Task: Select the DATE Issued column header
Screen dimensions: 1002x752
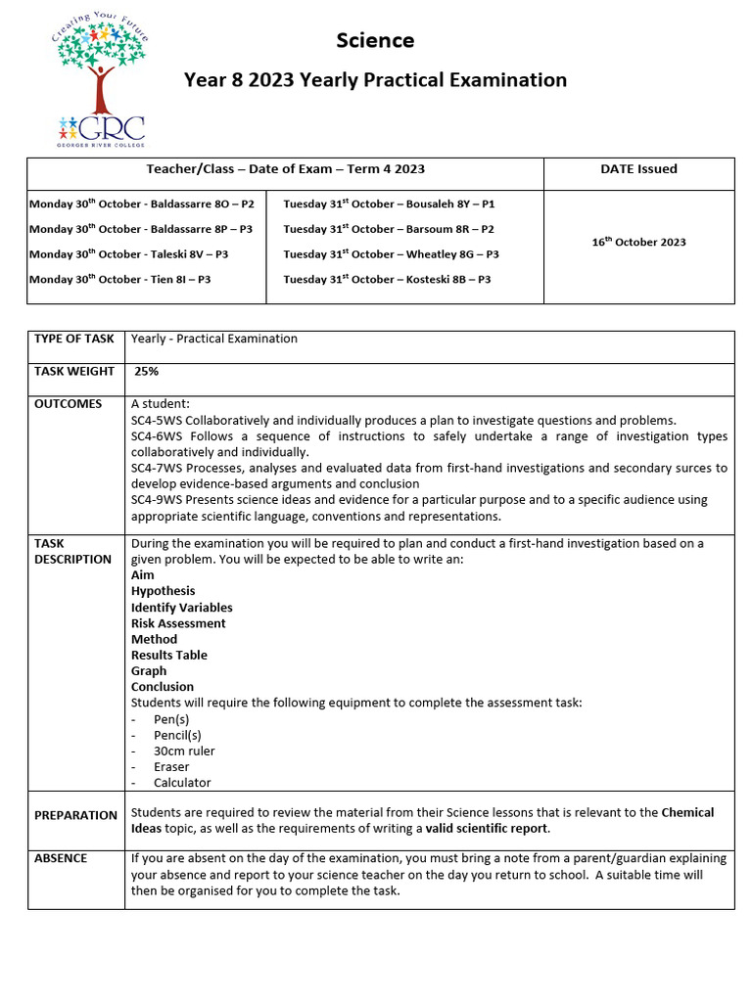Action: click(638, 169)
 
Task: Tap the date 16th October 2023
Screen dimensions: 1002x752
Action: click(638, 242)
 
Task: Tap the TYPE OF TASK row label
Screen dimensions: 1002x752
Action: click(74, 340)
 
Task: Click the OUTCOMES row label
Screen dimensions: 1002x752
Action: click(68, 404)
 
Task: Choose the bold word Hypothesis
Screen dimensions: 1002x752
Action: click(163, 591)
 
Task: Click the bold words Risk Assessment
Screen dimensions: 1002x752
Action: click(178, 623)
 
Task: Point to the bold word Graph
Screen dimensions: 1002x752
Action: click(149, 671)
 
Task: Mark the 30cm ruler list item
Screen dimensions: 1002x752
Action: click(184, 751)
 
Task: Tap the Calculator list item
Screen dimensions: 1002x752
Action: click(182, 783)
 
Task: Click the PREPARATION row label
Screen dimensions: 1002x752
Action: click(75, 815)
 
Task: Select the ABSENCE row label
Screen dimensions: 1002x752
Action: click(61, 858)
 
